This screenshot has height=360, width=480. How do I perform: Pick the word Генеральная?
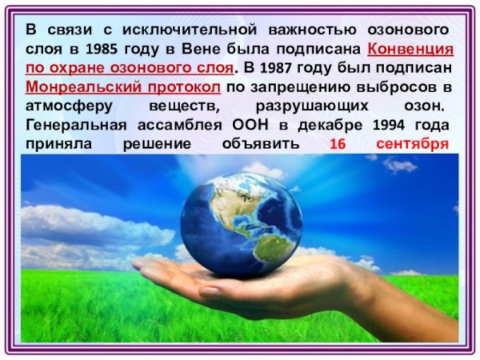73,125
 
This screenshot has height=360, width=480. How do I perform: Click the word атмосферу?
62,106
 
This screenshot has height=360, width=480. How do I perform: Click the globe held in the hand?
241,221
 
